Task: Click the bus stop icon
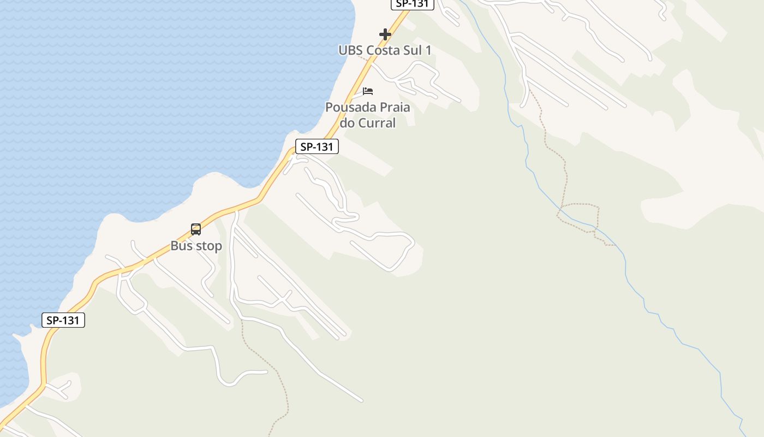click(196, 229)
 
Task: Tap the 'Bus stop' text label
click(196, 246)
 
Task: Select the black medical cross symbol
click(385, 34)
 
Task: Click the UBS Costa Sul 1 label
click(385, 50)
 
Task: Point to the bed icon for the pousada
click(368, 91)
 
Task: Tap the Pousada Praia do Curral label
click(368, 115)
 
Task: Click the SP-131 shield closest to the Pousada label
click(317, 146)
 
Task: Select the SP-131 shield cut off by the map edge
click(412, 4)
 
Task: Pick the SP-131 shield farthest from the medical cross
click(63, 320)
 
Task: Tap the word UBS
click(350, 50)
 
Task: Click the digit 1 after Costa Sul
click(428, 50)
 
